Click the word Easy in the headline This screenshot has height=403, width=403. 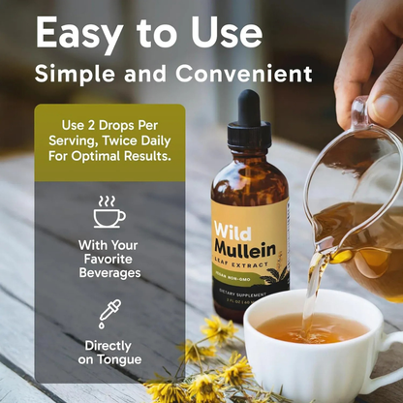coord(82,34)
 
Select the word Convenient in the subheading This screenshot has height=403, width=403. coord(248,75)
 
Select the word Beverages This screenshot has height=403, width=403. coord(109,273)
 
